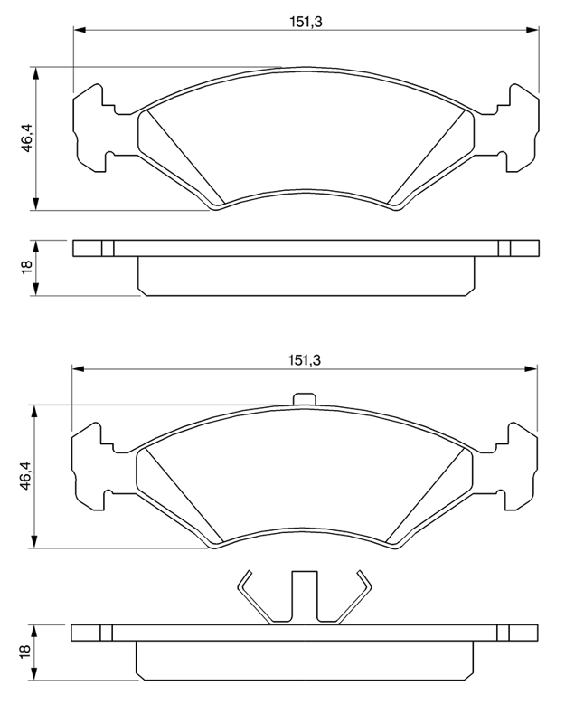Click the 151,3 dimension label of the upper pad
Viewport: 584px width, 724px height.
tap(306, 22)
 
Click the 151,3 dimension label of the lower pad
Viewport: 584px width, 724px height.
tap(305, 360)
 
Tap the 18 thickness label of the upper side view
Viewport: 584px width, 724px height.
tap(26, 266)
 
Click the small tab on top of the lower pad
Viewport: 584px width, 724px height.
tap(305, 398)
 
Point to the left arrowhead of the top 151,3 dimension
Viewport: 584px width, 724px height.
tap(80, 31)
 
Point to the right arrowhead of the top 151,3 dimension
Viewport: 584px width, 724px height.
tap(532, 31)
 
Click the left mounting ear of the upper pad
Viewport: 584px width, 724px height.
tap(95, 129)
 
